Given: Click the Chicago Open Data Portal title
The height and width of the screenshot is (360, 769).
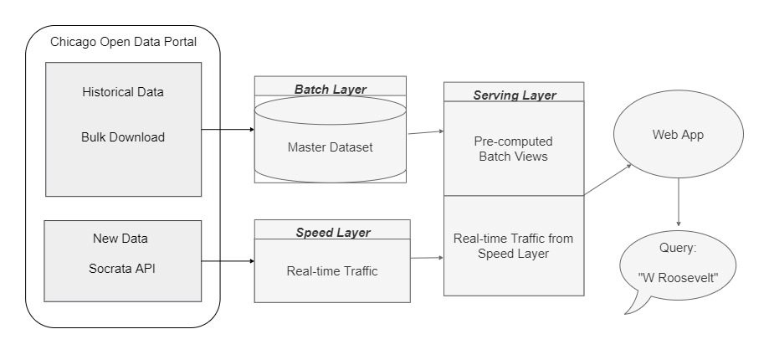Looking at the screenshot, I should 123,42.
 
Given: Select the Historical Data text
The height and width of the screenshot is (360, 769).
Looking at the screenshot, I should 123,92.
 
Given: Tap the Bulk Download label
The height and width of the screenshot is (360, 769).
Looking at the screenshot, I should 123,136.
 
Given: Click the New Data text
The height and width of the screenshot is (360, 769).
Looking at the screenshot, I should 120,239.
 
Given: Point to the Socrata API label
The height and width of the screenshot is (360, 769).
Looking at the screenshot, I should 122,269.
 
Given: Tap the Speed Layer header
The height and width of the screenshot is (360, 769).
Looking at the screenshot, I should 331,233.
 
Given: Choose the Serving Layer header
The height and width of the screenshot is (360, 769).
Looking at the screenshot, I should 513,95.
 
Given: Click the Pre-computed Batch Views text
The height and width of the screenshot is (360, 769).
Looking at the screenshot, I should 514,148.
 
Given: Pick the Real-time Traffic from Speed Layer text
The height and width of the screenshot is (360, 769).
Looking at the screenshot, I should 514,246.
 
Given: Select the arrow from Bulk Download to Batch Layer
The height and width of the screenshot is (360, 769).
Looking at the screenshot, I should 228,130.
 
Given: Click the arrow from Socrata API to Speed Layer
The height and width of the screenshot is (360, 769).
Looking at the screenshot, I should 228,261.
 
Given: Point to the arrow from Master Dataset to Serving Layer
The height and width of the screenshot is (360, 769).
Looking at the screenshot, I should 425,131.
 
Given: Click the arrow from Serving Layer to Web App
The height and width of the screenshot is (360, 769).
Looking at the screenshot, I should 608,180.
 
